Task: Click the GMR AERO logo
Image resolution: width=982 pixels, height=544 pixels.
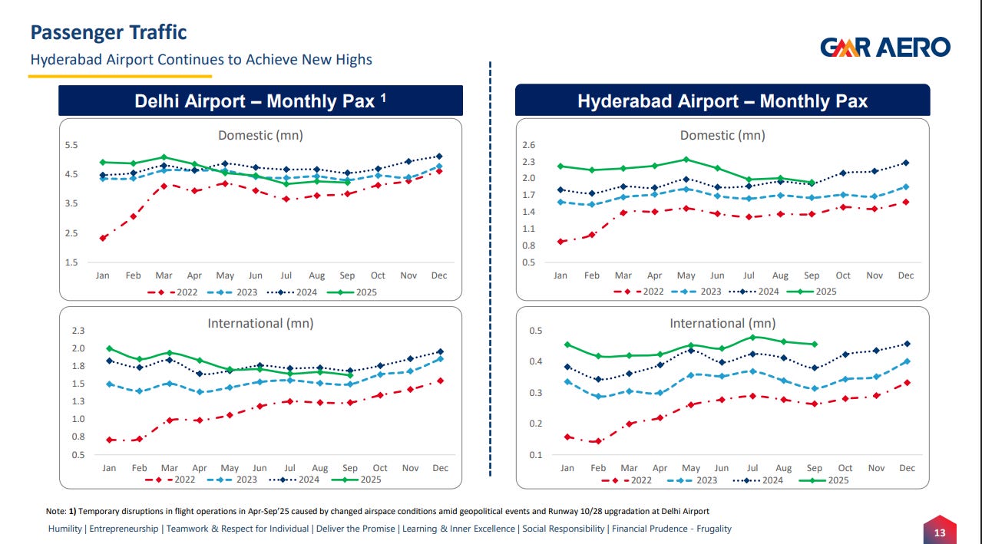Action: tap(884, 48)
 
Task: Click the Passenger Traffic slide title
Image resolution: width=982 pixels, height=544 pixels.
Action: tap(108, 32)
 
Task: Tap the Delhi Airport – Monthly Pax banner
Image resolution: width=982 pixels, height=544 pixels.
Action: tap(261, 101)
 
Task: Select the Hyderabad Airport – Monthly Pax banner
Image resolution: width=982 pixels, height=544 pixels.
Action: tap(722, 101)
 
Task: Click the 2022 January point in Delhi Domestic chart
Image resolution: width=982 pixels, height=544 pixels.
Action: tap(103, 238)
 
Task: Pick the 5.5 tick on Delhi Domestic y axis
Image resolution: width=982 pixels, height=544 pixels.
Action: tap(71, 145)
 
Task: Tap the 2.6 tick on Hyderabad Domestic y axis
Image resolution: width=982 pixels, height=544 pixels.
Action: tap(528, 145)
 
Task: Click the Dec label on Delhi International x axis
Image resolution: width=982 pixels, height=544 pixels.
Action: tap(440, 468)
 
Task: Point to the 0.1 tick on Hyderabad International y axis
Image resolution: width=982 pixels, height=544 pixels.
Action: tap(535, 455)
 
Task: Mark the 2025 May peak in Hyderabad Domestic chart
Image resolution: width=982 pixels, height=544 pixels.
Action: tap(686, 160)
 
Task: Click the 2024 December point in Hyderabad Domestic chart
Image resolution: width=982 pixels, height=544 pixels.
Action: tap(906, 163)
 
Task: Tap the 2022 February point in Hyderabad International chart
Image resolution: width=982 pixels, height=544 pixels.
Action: tap(598, 441)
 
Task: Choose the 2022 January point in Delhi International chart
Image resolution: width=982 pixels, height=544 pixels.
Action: tap(110, 440)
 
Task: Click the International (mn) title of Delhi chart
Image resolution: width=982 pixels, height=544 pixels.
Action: tap(260, 324)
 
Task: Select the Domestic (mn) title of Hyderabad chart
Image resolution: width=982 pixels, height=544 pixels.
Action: tap(722, 135)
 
